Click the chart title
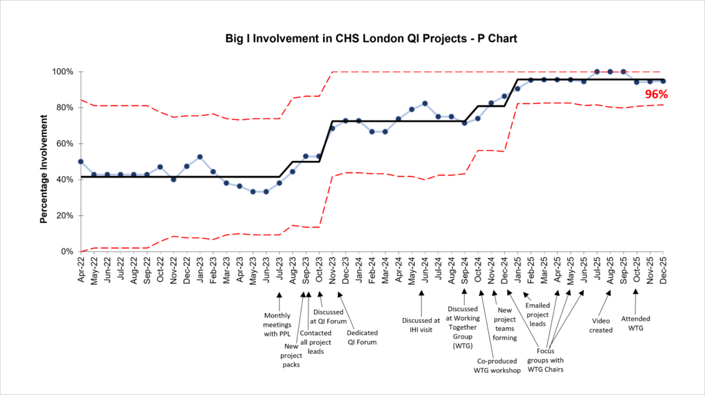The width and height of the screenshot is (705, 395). point(371,39)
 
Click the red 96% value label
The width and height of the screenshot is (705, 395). point(657,96)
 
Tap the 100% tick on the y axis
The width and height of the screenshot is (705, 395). point(64,72)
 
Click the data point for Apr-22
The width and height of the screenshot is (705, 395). point(81,162)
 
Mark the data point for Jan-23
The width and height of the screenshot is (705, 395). point(200,157)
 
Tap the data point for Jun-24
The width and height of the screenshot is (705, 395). point(425,103)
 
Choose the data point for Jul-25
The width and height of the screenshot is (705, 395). point(597,72)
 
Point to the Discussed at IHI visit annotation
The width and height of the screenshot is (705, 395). point(421,325)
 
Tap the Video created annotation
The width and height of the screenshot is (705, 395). point(600,325)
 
